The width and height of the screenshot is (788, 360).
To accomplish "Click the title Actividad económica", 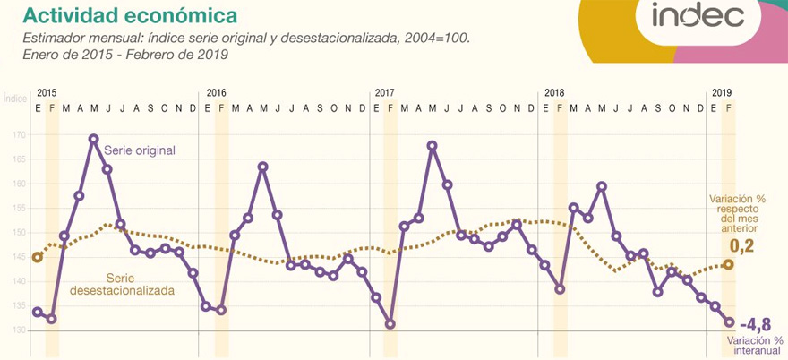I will tap(130, 15).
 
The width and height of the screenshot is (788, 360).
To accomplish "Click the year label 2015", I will tap(46, 93).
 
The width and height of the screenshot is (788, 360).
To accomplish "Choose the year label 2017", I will tap(385, 93).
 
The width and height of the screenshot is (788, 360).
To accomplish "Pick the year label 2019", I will tap(722, 93).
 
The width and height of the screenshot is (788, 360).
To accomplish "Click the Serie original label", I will tap(140, 150).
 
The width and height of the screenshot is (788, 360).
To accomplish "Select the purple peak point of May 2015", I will tap(93, 139).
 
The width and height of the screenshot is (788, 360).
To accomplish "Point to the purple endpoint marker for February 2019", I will tap(729, 322).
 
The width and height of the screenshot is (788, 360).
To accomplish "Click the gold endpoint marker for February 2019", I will tap(729, 264).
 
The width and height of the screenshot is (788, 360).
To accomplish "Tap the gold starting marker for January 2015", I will tap(38, 257).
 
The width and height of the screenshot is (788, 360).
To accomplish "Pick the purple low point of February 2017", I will tap(390, 324).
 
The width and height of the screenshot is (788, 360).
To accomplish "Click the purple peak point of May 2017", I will tap(432, 145).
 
